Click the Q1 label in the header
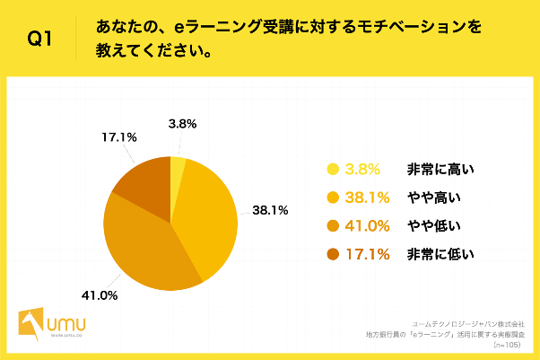click(x=39, y=39)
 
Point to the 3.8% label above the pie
click(x=181, y=125)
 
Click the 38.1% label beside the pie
click(x=269, y=211)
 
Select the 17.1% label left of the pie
click(x=118, y=137)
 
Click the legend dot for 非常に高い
click(x=333, y=169)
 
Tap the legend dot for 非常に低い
click(x=333, y=255)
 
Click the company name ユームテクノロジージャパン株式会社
click(x=475, y=321)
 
